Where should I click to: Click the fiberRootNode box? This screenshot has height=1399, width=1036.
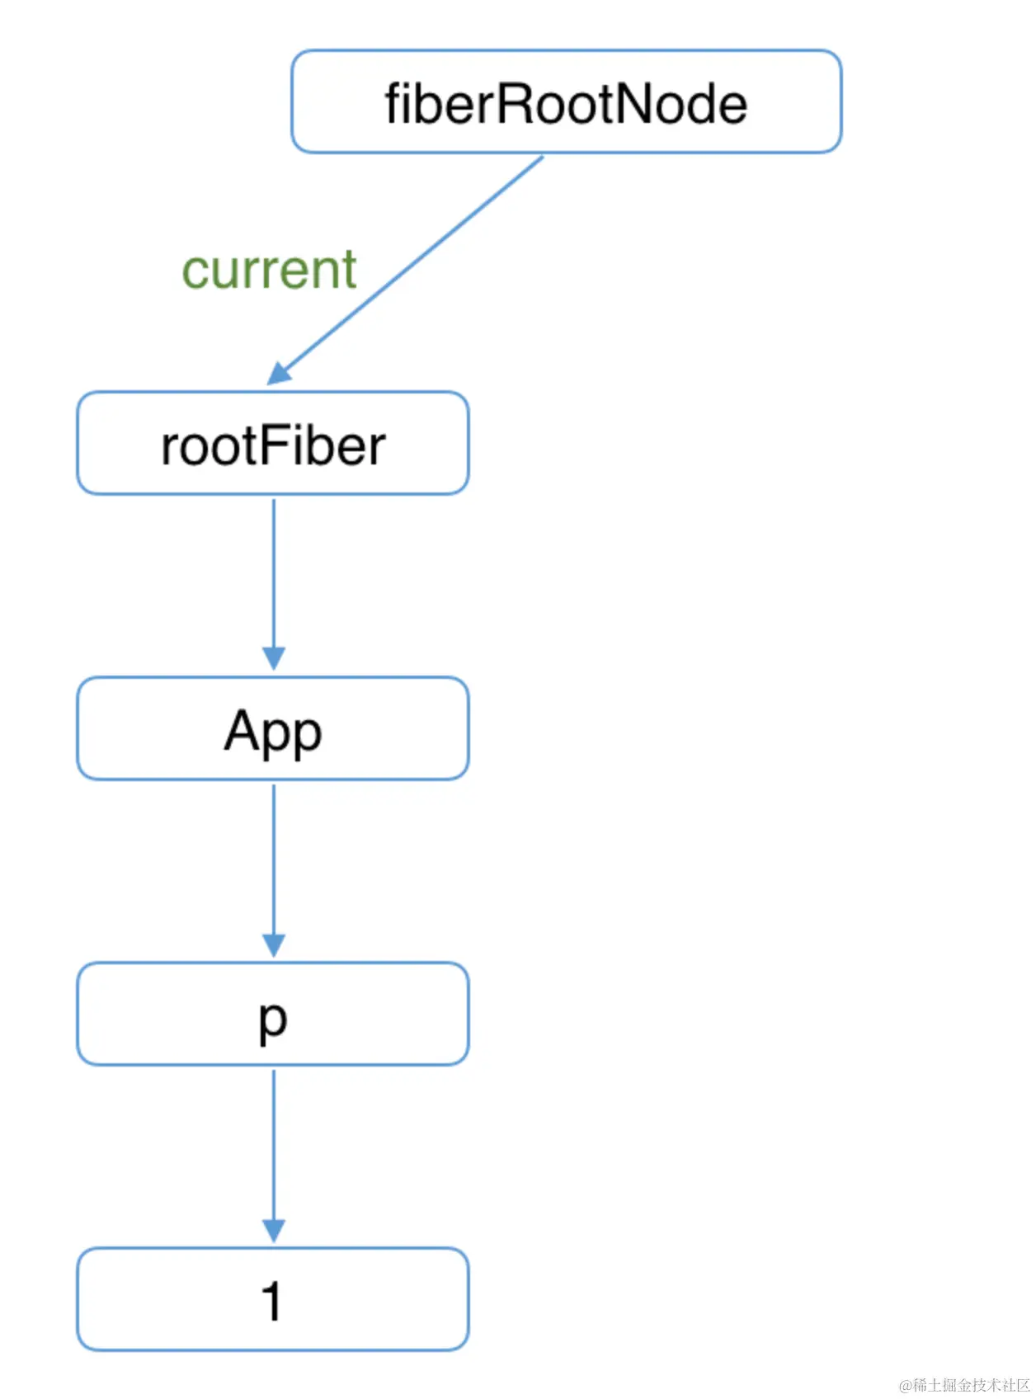click(566, 101)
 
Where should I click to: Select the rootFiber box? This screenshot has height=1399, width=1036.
click(273, 443)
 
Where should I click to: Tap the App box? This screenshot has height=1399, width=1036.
click(273, 728)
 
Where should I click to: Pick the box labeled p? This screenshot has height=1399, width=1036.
click(273, 1014)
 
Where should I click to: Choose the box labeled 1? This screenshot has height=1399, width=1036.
click(273, 1299)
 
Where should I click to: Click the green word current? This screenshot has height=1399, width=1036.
click(269, 269)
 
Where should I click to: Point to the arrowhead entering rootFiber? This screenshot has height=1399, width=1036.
click(280, 374)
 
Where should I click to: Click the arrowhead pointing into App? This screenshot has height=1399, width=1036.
click(274, 658)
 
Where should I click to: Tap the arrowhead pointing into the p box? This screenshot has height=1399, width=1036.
click(274, 944)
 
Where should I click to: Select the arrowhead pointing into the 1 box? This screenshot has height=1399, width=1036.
click(274, 1230)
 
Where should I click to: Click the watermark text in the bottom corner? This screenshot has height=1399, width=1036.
click(964, 1384)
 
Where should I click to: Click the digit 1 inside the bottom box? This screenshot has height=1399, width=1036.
click(271, 1301)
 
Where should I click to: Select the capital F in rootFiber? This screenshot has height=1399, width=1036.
click(276, 445)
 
